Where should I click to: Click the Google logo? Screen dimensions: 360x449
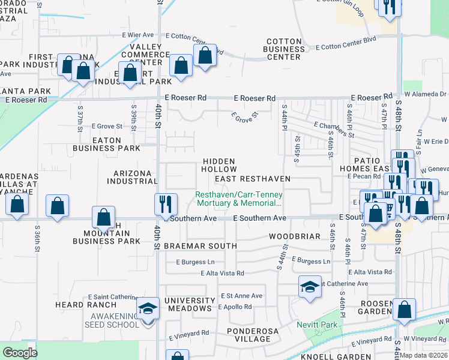tap(20, 353)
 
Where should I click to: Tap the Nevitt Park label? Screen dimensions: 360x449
tap(316, 325)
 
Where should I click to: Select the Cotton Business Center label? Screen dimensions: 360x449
tap(284, 49)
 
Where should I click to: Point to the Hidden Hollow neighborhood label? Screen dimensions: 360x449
tap(219, 166)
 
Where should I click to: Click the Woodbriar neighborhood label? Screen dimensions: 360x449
tap(294, 236)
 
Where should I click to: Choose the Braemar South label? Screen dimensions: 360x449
tap(201, 246)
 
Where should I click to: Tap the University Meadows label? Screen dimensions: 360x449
tap(190, 305)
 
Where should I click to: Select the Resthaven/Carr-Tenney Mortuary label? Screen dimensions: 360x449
tap(239, 199)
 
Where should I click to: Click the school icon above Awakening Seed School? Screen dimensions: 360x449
tap(148, 310)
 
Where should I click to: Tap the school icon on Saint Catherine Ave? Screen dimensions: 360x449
tap(309, 287)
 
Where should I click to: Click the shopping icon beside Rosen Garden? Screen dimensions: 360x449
tap(405, 310)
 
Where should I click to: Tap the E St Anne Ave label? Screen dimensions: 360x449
tap(241, 296)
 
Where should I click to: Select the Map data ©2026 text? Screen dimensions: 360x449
tap(424, 355)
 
